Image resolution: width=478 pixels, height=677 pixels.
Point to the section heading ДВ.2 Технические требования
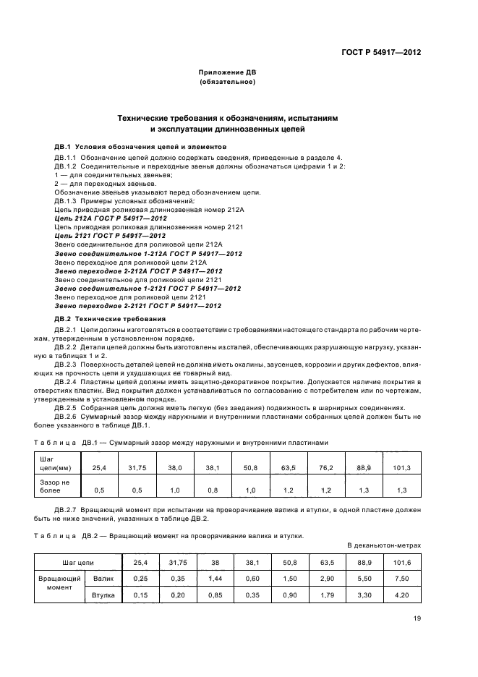110,319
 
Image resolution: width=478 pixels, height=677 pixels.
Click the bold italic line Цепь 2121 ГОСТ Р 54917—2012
111,236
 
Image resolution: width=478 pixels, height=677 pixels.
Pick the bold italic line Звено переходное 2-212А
138,271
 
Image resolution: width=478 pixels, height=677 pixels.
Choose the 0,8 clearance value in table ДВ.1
212,490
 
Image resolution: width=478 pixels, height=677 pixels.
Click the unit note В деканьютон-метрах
383,544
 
